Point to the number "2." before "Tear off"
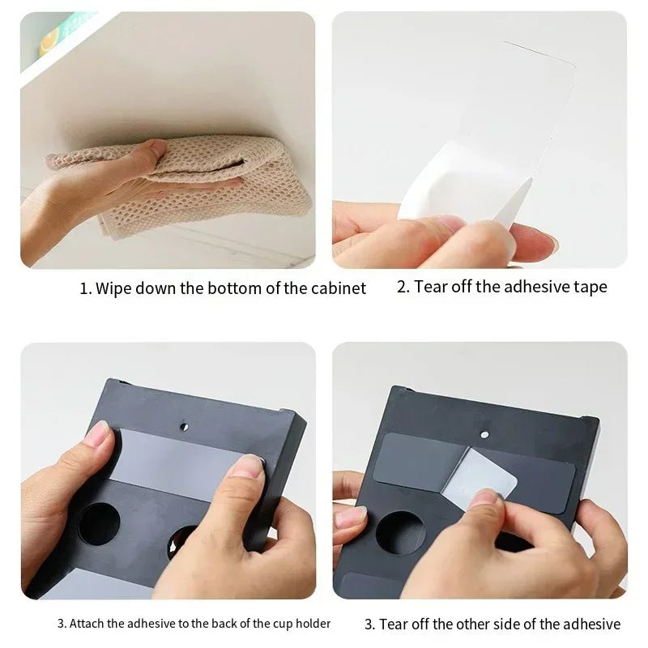tap(403, 287)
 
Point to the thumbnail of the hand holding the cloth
tap(156, 147)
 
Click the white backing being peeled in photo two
tap(454, 190)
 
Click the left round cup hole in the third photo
tap(99, 523)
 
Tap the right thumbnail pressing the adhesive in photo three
tap(246, 466)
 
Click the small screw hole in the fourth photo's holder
tap(484, 434)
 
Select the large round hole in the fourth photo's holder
tap(400, 533)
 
